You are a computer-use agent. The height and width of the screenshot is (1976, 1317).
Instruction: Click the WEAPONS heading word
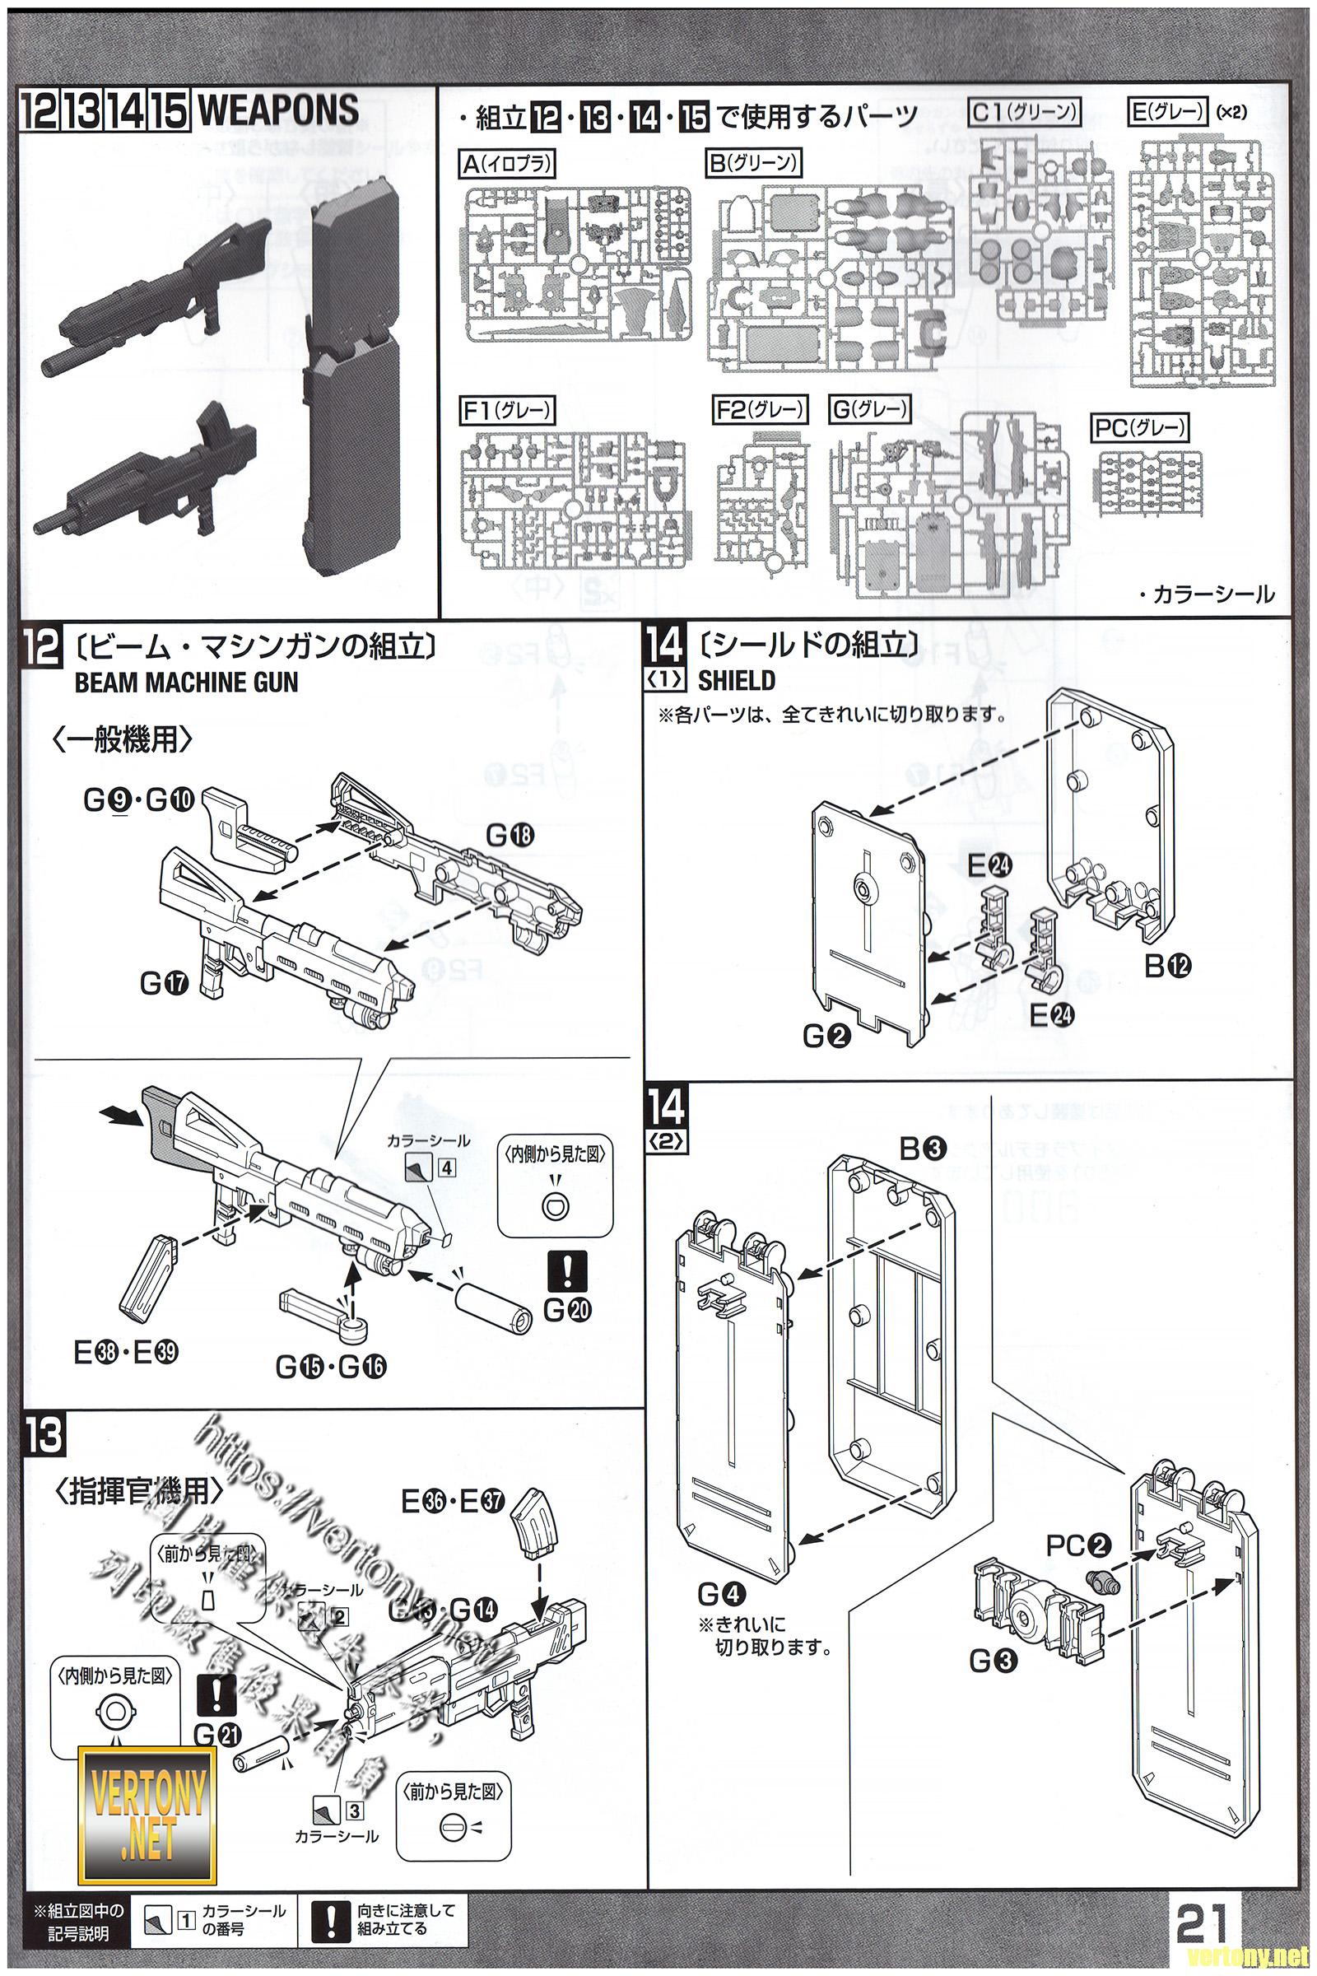pyautogui.click(x=278, y=111)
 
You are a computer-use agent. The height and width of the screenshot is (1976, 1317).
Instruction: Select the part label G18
pyautogui.click(x=509, y=835)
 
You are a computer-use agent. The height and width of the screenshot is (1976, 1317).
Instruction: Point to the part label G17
pyautogui.click(x=164, y=982)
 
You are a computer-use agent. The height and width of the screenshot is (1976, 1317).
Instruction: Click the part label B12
pyautogui.click(x=1167, y=966)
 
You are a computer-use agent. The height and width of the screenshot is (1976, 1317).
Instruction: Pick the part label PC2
pyautogui.click(x=1078, y=1545)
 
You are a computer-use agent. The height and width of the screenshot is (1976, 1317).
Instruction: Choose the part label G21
pyautogui.click(x=216, y=1733)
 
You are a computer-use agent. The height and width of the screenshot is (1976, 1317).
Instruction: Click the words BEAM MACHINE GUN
pyautogui.click(x=187, y=683)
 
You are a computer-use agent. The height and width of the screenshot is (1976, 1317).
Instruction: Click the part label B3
pyautogui.click(x=923, y=1149)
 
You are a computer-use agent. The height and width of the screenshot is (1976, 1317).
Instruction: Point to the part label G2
pyautogui.click(x=826, y=1037)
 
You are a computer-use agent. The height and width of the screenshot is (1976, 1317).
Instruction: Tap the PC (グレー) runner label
pyautogui.click(x=1141, y=428)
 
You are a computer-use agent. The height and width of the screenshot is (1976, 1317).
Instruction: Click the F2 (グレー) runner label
pyautogui.click(x=759, y=409)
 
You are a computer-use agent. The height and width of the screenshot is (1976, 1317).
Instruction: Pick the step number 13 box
pyautogui.click(x=44, y=1436)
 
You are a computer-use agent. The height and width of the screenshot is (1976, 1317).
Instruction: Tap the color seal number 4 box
pyautogui.click(x=446, y=1168)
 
